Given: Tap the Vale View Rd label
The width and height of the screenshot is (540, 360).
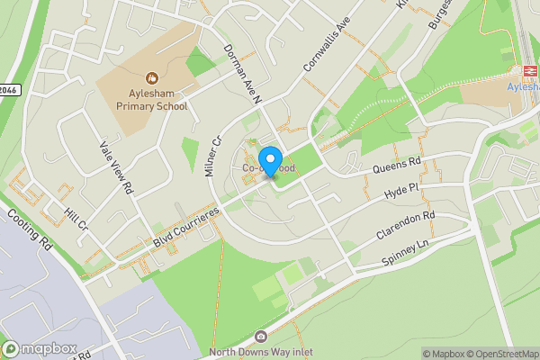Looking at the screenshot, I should pos(116,168).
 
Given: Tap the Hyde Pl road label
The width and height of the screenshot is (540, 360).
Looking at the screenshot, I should pos(401,191).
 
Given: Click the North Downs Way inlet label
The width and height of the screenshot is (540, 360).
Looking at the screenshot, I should pos(261,352).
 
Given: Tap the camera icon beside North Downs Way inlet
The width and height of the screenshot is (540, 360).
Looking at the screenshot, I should pos(261,337).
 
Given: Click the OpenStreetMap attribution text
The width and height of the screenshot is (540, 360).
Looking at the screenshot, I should pos(496,354).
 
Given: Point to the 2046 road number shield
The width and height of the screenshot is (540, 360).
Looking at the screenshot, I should pos(8,90).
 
